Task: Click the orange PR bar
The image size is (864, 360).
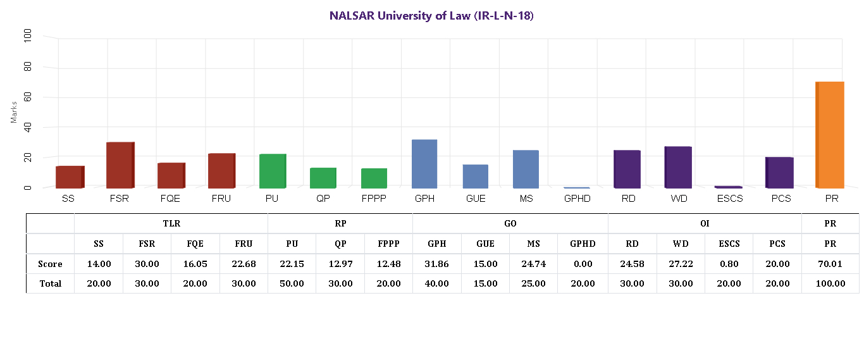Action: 830,135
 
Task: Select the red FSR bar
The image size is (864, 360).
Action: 120,165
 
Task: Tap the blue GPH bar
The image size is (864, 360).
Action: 424,164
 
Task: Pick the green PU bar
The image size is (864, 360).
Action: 273,171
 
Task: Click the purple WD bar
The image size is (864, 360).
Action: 678,167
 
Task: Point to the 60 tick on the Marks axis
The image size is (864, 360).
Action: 28,97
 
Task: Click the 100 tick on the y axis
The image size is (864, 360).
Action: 28,37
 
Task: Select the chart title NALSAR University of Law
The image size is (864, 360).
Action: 431,16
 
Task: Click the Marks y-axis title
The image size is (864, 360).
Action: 14,111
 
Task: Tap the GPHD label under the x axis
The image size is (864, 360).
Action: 577,199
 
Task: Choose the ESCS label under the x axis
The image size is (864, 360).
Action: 729,199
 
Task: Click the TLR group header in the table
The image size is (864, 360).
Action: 171,223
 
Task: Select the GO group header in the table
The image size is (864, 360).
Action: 510,223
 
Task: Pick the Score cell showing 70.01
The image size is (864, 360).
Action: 830,264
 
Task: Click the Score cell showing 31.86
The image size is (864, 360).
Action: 436,264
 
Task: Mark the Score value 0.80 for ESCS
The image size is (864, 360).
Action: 729,264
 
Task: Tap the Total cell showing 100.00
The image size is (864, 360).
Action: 830,283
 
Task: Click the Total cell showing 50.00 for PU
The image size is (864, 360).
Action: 292,283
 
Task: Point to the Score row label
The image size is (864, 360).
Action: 50,264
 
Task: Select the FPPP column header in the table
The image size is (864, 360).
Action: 388,244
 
